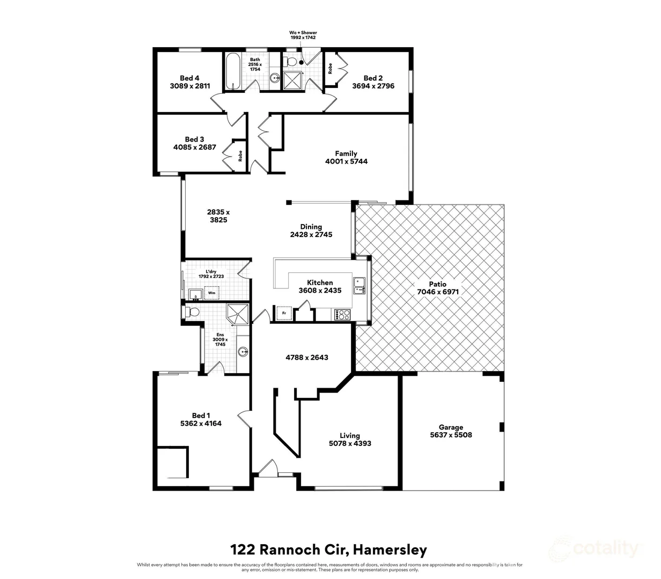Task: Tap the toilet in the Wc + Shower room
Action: click(x=289, y=61)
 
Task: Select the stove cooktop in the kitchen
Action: click(x=342, y=314)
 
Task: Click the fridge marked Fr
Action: click(x=284, y=313)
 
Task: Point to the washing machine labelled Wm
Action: click(x=211, y=293)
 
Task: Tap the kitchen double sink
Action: click(x=359, y=286)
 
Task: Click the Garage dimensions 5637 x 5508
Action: click(x=451, y=435)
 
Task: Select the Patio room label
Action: click(x=437, y=284)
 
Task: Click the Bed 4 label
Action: click(x=189, y=78)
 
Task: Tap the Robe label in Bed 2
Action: click(x=330, y=69)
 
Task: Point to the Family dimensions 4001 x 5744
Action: click(x=346, y=161)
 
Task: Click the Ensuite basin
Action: click(x=243, y=352)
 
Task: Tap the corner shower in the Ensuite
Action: click(x=238, y=315)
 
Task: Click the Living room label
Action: click(x=350, y=435)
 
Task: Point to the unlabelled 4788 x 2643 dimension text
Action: click(x=307, y=357)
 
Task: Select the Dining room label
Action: click(x=311, y=227)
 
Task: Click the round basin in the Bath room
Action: click(x=275, y=78)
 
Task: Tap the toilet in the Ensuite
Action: click(x=192, y=312)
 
